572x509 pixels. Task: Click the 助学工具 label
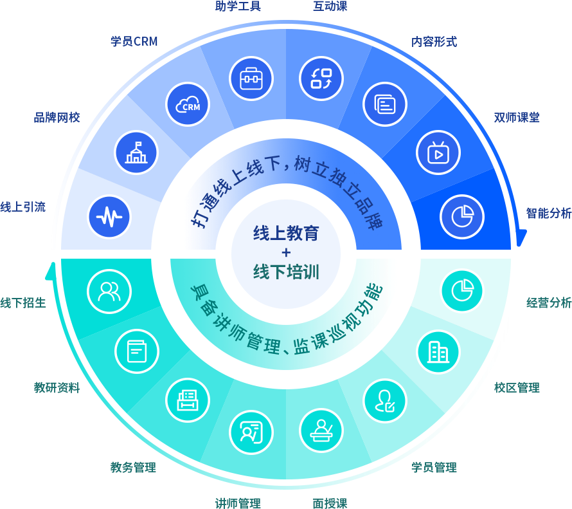click(x=238, y=7)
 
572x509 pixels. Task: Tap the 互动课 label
click(x=330, y=7)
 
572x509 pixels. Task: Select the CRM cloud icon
click(x=188, y=104)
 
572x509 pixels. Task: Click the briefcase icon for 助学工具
click(x=251, y=78)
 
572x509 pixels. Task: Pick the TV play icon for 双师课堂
click(x=438, y=152)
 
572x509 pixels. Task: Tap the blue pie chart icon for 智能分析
click(x=462, y=216)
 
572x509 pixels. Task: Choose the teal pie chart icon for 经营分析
click(x=462, y=290)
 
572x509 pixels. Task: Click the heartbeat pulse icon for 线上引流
click(x=109, y=216)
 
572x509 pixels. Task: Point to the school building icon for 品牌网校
click(x=136, y=153)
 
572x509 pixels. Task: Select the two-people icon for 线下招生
click(x=109, y=291)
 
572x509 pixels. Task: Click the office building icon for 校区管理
click(x=438, y=351)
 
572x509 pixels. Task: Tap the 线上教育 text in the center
click(x=286, y=233)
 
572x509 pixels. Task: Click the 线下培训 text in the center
click(x=286, y=272)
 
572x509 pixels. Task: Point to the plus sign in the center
click(x=286, y=252)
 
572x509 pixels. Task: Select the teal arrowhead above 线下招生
click(x=50, y=270)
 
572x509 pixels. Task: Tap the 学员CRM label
click(x=134, y=42)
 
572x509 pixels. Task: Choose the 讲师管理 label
click(x=238, y=503)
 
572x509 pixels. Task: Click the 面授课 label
click(x=330, y=503)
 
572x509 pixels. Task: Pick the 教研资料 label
click(x=57, y=387)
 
